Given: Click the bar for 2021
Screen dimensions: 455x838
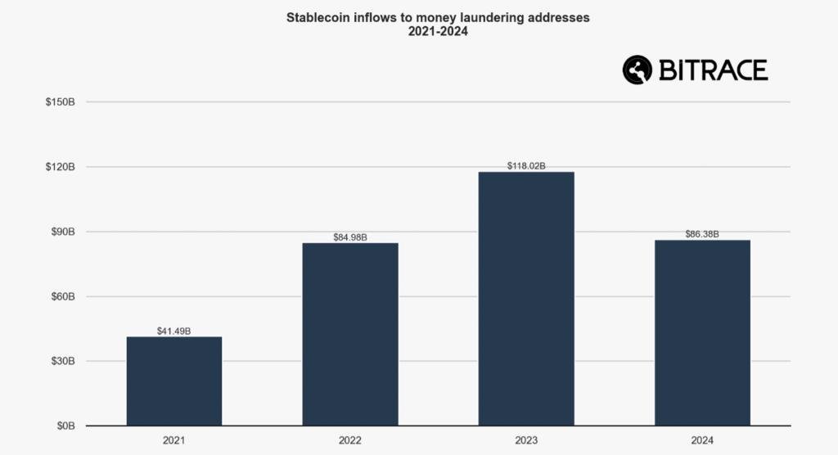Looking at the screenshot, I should [173, 381].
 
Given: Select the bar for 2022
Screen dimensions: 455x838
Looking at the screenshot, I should [350, 334].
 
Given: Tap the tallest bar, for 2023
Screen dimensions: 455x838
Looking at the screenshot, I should [526, 298].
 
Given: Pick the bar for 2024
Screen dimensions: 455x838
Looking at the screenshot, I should [702, 332].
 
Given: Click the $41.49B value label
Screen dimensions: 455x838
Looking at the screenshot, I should [173, 331].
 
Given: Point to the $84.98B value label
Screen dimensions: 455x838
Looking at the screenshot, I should [350, 237].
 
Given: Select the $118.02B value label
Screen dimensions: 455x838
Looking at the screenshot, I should [526, 166].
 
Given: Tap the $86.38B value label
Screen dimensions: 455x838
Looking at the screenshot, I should [702, 234].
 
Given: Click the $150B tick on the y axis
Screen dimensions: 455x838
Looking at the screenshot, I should [61, 102].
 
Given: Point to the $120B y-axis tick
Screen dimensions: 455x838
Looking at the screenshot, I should [61, 167].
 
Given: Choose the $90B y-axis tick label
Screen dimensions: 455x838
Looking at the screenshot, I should [63, 232].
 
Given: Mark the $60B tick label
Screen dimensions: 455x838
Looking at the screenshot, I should [63, 296].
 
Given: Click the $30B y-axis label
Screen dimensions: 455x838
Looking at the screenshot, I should [63, 361].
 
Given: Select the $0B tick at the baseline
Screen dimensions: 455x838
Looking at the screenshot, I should [65, 426].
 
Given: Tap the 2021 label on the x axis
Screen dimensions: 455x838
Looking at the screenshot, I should [173, 441].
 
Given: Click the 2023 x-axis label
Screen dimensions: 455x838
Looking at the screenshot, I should [526, 441].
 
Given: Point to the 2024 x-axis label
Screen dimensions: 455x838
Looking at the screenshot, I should [702, 441].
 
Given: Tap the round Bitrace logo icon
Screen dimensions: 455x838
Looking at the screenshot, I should [637, 70].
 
